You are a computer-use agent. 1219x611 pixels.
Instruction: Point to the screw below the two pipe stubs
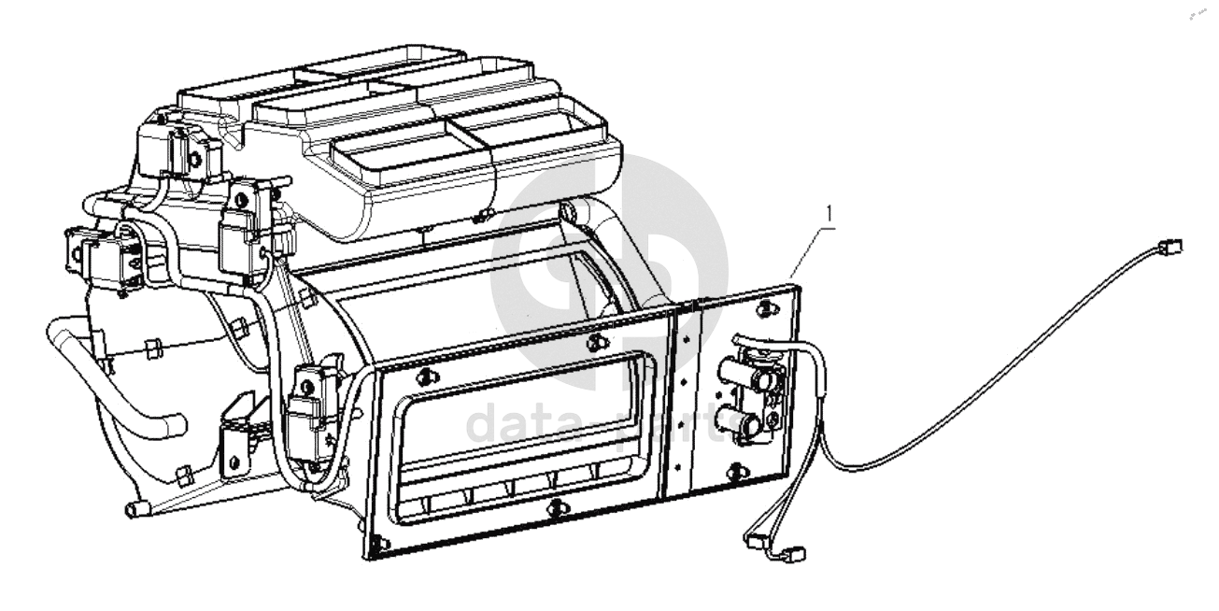(x=740, y=468)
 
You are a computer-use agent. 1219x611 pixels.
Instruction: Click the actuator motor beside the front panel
(x=309, y=411)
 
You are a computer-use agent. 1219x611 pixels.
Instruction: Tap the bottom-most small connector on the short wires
(x=795, y=553)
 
